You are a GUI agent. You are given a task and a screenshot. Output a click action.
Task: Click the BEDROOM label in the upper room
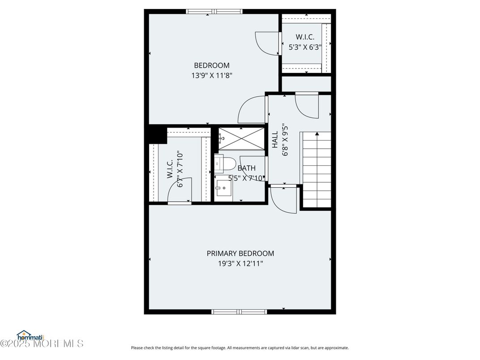coord(212,65)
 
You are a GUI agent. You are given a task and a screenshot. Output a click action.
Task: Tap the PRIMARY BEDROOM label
coord(240,253)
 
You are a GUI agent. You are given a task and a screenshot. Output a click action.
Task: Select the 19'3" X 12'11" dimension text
coord(240,263)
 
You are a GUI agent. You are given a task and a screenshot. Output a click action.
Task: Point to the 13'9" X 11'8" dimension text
coord(212,75)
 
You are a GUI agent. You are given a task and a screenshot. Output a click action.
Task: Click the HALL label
coord(275,140)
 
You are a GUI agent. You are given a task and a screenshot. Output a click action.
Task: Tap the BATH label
coord(246,168)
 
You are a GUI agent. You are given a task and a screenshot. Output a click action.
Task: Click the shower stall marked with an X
coord(241,139)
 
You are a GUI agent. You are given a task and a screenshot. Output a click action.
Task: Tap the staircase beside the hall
coord(317,170)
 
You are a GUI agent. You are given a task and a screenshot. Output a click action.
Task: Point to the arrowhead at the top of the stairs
coord(317,133)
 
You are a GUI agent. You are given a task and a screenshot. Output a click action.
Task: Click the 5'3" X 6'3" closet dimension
coord(305,47)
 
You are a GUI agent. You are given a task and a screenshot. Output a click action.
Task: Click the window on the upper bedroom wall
coord(214,12)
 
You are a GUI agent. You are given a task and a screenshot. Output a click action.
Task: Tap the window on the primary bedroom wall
coord(239,312)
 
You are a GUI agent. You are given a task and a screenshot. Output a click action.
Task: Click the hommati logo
coord(30,335)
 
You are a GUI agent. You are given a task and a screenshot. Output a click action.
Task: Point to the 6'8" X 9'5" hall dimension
coord(285,140)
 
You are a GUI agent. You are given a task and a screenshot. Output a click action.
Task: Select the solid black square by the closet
coord(157,134)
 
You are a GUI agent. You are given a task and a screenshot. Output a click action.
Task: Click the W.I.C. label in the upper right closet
coord(305,37)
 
